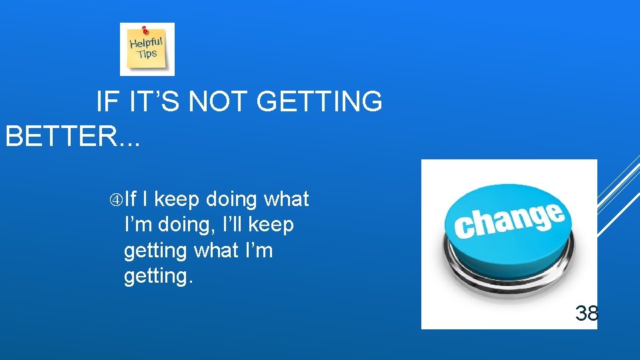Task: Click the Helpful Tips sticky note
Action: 147,49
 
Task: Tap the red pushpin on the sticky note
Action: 145,30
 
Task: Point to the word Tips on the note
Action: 147,55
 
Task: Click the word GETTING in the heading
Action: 319,102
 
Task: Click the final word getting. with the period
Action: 158,276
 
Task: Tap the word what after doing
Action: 287,199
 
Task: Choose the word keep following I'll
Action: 271,225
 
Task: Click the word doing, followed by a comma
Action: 189,225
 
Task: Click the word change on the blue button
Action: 509,220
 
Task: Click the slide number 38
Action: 587,313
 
